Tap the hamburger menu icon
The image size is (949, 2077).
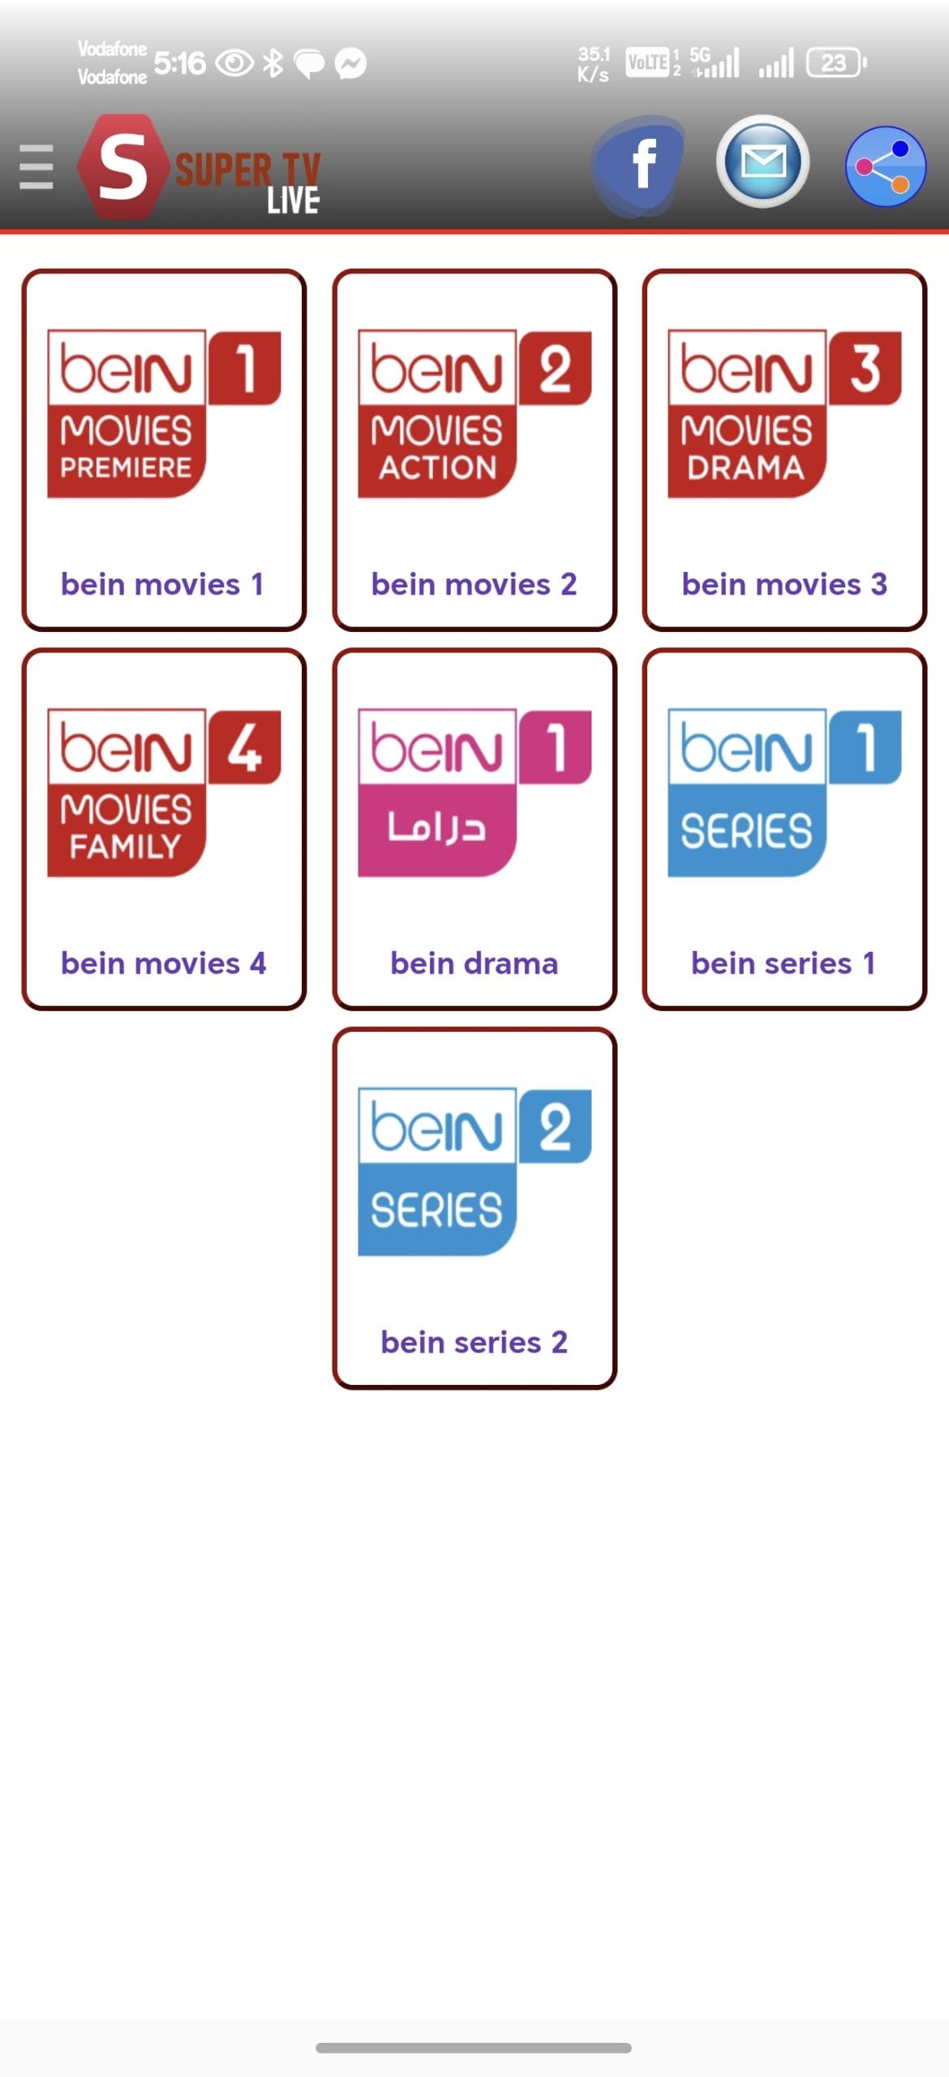(x=36, y=167)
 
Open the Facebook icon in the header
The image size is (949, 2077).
(x=639, y=166)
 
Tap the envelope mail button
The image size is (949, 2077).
(x=762, y=161)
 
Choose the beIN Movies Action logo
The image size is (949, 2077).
(x=474, y=413)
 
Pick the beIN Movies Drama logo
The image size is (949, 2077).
(x=784, y=413)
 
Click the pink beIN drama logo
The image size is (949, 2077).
(x=474, y=793)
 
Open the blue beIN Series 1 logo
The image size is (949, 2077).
(x=784, y=793)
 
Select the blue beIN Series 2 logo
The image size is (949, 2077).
(x=474, y=1172)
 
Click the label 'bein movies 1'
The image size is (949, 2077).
(x=162, y=584)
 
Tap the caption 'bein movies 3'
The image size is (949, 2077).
(x=784, y=584)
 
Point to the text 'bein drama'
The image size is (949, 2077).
(x=474, y=963)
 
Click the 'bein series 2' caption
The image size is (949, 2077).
(x=474, y=1342)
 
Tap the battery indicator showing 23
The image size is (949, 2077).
(x=836, y=62)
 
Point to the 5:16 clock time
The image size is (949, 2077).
(x=179, y=62)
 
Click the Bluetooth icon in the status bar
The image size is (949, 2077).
(x=273, y=62)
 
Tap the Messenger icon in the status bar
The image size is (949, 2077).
(x=350, y=63)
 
